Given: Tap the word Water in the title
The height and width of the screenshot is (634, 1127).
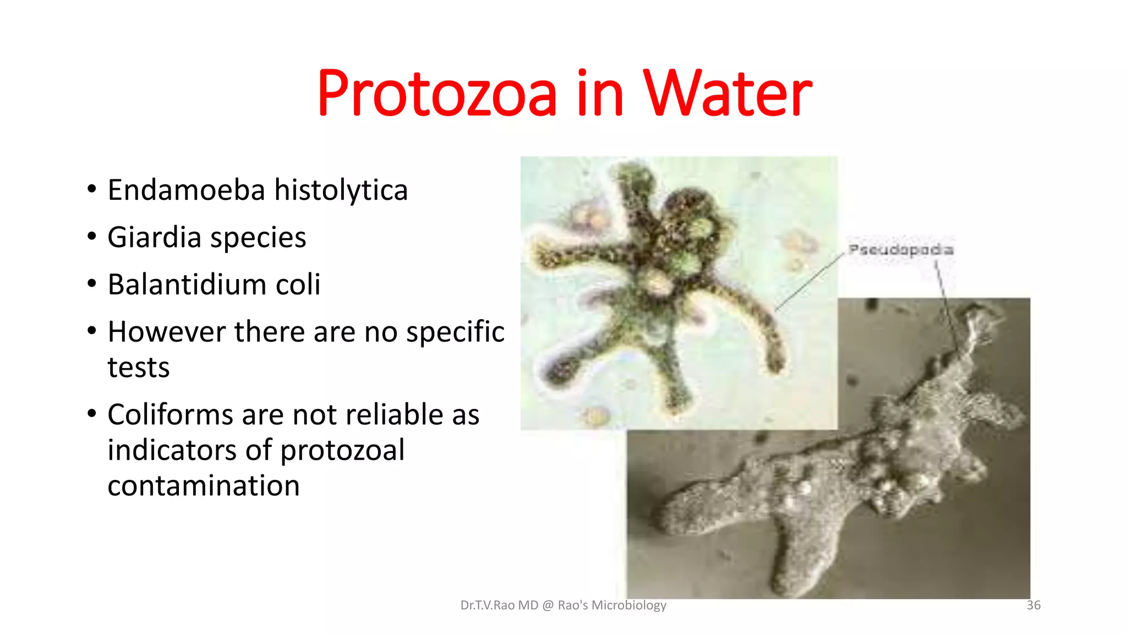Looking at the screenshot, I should tap(727, 94).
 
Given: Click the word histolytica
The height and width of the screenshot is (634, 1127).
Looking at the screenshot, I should tap(341, 191).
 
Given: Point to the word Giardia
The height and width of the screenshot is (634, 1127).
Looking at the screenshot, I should tap(155, 238).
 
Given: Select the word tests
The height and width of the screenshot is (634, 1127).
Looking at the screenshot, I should tap(139, 367).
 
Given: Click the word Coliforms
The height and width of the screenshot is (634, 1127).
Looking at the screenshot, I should tap(170, 414).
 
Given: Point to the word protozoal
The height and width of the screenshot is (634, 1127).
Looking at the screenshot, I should tap(342, 451).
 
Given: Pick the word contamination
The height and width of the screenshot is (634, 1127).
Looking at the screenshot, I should tap(204, 486).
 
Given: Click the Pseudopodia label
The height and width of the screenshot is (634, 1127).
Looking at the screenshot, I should tap(901, 250).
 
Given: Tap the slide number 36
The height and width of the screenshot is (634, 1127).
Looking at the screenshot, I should tap(1033, 605).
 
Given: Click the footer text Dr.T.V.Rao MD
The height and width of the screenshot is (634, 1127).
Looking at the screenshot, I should tap(499, 605).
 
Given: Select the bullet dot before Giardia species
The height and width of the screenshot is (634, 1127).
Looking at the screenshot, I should tap(92, 237).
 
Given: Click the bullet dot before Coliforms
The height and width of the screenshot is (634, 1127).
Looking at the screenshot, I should tap(92, 414).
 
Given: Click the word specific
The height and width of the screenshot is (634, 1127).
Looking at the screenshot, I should tap(455, 332).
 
